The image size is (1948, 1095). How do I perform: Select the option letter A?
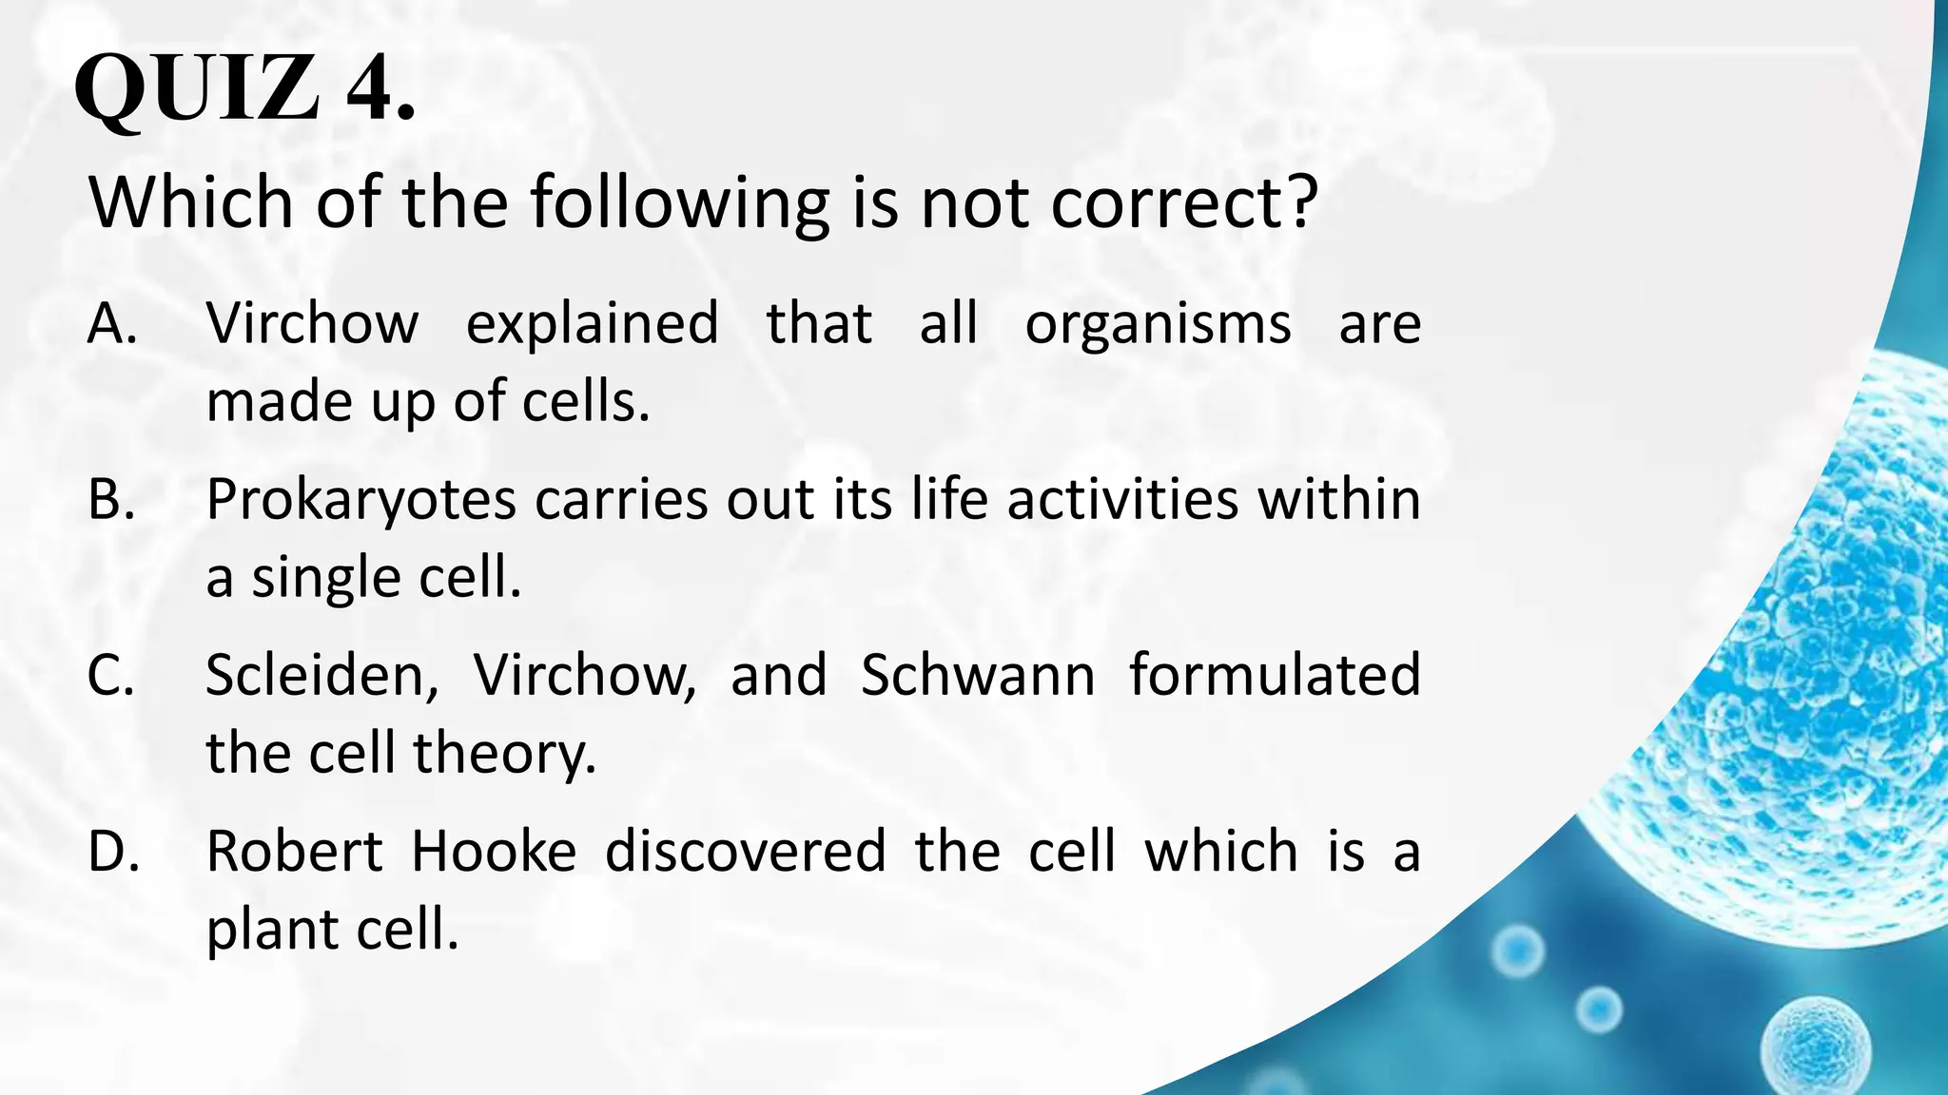pyautogui.click(x=110, y=323)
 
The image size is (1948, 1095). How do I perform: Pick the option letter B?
pyautogui.click(x=110, y=499)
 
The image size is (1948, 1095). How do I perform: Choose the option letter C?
pyautogui.click(x=110, y=675)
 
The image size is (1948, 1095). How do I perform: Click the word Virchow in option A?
pyautogui.click(x=311, y=323)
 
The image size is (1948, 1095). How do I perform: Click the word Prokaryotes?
pyautogui.click(x=360, y=500)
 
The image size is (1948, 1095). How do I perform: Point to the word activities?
pyautogui.click(x=1122, y=499)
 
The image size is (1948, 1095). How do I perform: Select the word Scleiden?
pyautogui.click(x=321, y=675)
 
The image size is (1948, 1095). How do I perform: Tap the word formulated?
pyautogui.click(x=1275, y=675)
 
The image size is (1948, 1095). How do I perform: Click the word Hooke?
pyautogui.click(x=493, y=851)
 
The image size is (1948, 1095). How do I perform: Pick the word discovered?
pyautogui.click(x=745, y=851)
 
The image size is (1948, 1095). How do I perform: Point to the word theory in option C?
pyautogui.click(x=503, y=755)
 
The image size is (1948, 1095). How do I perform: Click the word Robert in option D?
pyautogui.click(x=294, y=851)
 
